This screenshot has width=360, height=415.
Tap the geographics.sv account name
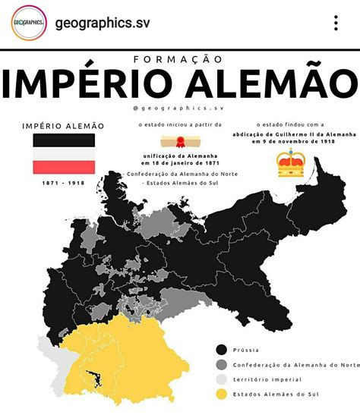(103, 23)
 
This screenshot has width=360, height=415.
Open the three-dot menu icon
(336, 23)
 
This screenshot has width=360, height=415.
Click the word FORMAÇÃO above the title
(179, 59)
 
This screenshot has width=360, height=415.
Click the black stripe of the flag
(63, 140)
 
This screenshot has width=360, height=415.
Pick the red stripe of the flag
(63, 165)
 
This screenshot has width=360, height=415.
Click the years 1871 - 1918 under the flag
(63, 183)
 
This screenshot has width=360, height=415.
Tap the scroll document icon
(176, 141)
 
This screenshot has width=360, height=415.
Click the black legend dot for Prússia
(222, 349)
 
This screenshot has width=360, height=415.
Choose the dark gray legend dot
(222, 364)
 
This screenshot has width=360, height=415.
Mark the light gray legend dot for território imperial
(222, 379)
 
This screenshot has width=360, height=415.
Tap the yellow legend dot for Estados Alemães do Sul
(222, 394)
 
